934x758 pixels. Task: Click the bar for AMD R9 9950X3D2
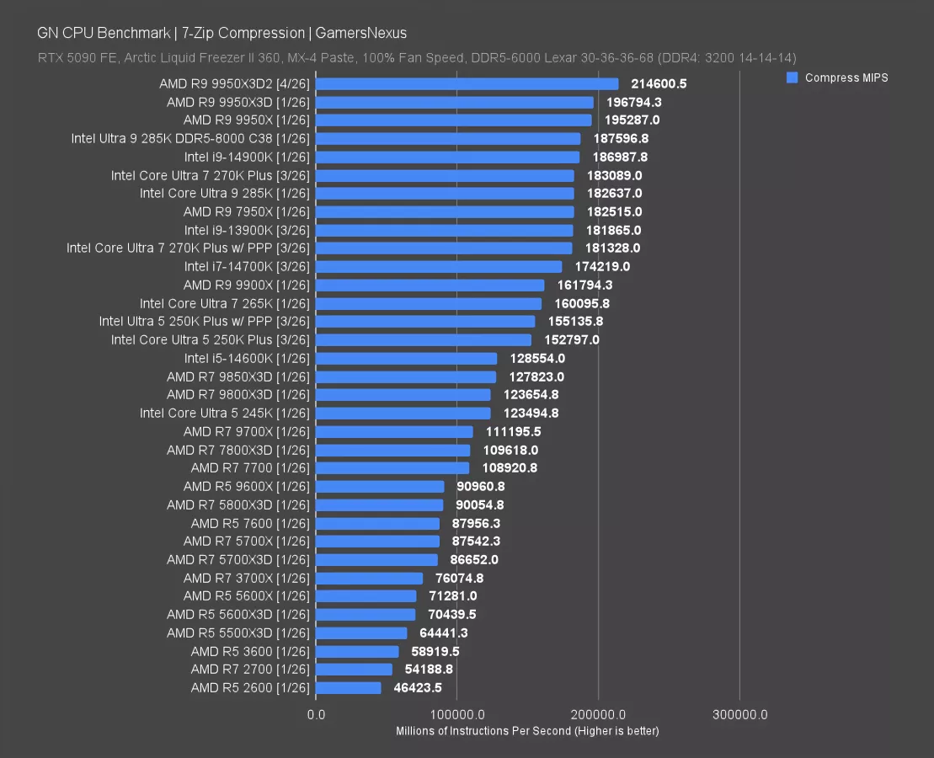tap(467, 83)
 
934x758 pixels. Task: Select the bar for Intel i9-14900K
tap(448, 157)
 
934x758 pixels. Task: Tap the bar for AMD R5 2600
tap(349, 687)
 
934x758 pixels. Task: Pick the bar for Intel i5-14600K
tap(407, 358)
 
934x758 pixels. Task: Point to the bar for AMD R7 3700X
tap(370, 578)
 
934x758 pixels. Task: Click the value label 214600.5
tap(659, 83)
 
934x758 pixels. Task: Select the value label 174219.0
tap(602, 266)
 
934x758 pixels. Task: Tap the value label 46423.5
tap(418, 687)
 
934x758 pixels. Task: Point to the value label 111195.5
tap(513, 431)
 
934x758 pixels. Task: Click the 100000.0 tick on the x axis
tap(457, 715)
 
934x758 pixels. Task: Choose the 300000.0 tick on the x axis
tap(739, 715)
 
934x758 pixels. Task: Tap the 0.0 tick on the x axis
tap(317, 715)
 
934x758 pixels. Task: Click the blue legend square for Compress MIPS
tap(792, 77)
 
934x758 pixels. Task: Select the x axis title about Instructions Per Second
tap(527, 731)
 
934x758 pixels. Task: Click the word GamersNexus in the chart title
tap(361, 33)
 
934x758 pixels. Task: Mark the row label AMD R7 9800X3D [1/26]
tap(238, 394)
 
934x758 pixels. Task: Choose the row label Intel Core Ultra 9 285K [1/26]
tap(225, 193)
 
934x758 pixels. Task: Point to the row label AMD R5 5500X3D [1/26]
tap(238, 633)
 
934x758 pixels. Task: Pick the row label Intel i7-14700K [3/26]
tap(247, 266)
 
